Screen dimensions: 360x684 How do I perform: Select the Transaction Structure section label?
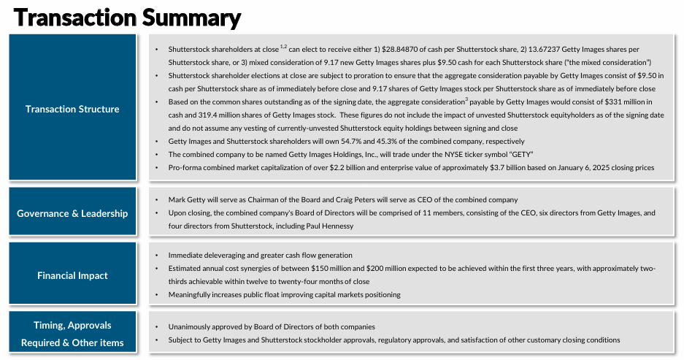click(72, 109)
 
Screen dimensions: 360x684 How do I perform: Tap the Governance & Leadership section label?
click(72, 213)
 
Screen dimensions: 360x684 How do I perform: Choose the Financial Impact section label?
click(72, 275)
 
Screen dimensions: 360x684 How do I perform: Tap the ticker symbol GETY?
click(520, 154)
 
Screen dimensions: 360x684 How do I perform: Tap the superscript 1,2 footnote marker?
click(283, 46)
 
